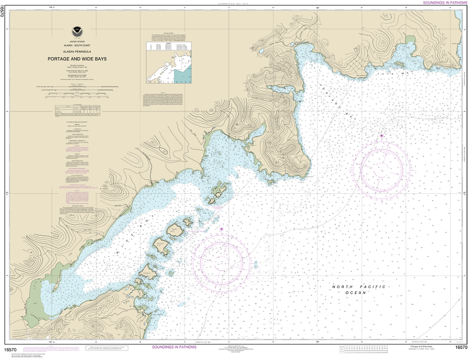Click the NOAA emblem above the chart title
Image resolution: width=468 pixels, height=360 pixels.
pyautogui.click(x=77, y=32)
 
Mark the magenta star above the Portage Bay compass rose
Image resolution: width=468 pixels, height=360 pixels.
pyautogui.click(x=382, y=136)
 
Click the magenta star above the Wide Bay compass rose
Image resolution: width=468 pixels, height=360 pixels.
pyautogui.click(x=221, y=230)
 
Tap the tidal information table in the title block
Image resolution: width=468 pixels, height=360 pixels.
pyautogui.click(x=77, y=110)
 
